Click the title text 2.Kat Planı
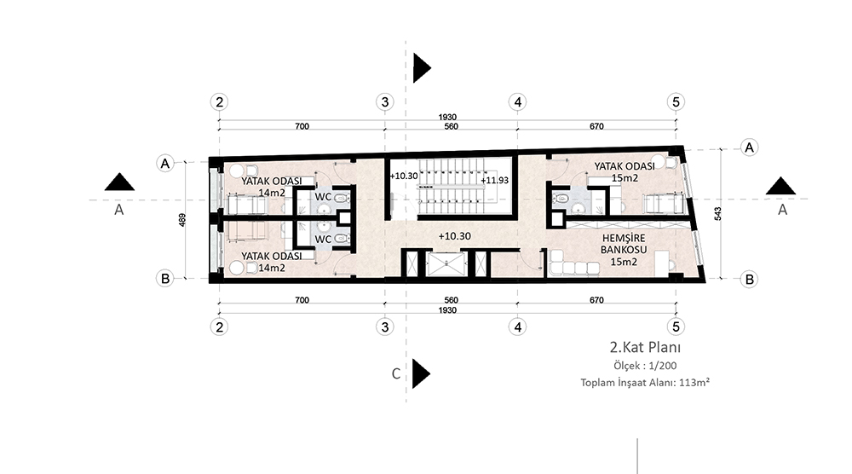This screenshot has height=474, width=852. [x=645, y=347]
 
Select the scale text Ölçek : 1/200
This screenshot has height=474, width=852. [x=645, y=366]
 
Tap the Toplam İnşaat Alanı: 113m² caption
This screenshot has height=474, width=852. [x=645, y=382]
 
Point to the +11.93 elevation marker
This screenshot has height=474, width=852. [x=494, y=181]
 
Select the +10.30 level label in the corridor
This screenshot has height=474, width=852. [x=455, y=236]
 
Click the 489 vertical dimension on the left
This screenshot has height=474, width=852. [x=182, y=220]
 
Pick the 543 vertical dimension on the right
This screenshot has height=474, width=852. [x=717, y=214]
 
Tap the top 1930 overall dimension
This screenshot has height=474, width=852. [x=448, y=118]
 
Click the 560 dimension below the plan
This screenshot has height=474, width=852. [x=451, y=300]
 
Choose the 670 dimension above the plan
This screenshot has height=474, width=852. [x=596, y=127]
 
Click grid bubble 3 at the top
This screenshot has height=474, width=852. [x=385, y=101]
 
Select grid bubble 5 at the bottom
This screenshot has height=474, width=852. [x=676, y=327]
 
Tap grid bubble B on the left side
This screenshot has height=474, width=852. [x=164, y=278]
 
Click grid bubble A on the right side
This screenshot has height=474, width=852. [x=749, y=147]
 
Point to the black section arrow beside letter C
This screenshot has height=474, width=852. [x=420, y=373]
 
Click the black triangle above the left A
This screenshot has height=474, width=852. [x=119, y=182]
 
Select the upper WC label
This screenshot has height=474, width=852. [x=323, y=197]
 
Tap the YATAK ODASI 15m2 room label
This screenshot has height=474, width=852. [x=625, y=171]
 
